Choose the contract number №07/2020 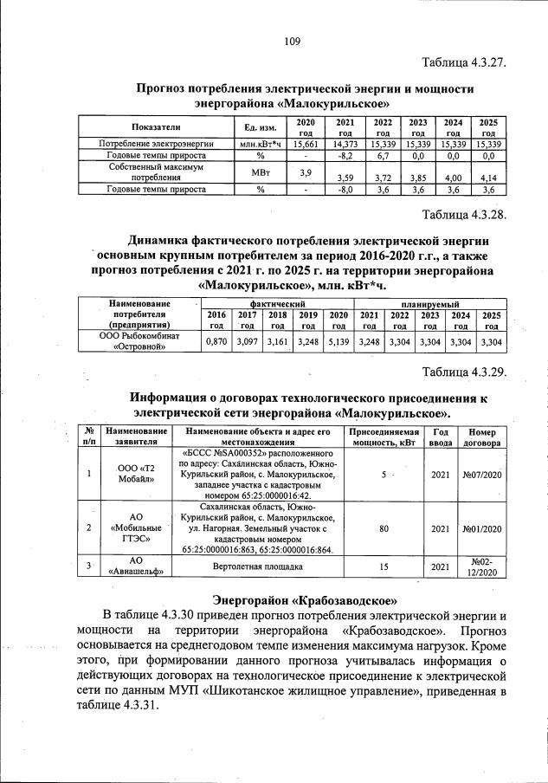pos(482,475)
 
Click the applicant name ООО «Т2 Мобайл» pos(135,475)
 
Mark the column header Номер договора pos(482,436)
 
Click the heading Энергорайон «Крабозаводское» pos(305,599)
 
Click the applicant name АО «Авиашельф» pos(135,568)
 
